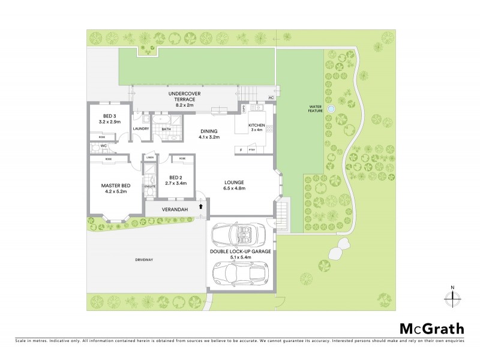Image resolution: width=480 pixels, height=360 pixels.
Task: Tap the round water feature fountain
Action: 331,109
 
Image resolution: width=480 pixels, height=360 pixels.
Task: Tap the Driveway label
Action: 145,260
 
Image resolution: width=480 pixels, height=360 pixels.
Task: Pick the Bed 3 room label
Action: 109,119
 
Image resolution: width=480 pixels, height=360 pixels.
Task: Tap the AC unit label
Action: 271,97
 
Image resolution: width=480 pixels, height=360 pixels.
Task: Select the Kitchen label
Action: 257,127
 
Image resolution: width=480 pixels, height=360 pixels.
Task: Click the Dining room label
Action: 209,134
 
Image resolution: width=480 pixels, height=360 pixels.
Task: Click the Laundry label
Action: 140,128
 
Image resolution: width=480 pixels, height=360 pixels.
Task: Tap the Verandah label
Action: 175,209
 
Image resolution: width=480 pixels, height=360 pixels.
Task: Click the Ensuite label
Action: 149,187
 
